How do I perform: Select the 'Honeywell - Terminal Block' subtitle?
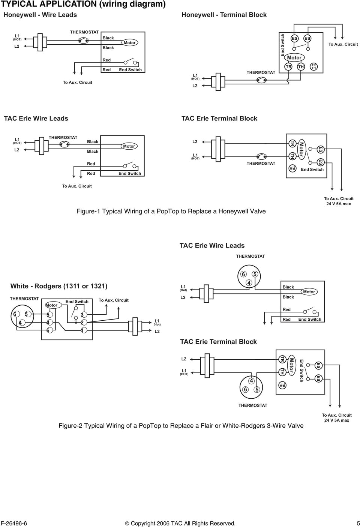tap(224, 15)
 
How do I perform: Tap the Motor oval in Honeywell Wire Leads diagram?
tap(129, 43)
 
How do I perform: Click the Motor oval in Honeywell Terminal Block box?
tap(294, 57)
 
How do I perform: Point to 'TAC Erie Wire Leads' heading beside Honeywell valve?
tap(36, 119)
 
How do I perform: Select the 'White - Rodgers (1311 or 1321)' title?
tap(59, 286)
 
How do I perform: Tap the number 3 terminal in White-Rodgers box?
tap(82, 314)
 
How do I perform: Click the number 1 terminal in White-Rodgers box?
tap(82, 330)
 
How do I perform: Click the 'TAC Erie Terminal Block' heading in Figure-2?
tap(218, 342)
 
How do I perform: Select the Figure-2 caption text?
tap(181, 426)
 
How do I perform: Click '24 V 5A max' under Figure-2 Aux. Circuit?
tap(336, 420)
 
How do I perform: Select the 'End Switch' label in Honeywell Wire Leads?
tap(130, 70)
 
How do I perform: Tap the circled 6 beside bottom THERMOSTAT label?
tap(245, 389)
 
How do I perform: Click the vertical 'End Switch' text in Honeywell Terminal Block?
tap(283, 45)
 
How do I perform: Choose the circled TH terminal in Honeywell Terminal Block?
tap(301, 66)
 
